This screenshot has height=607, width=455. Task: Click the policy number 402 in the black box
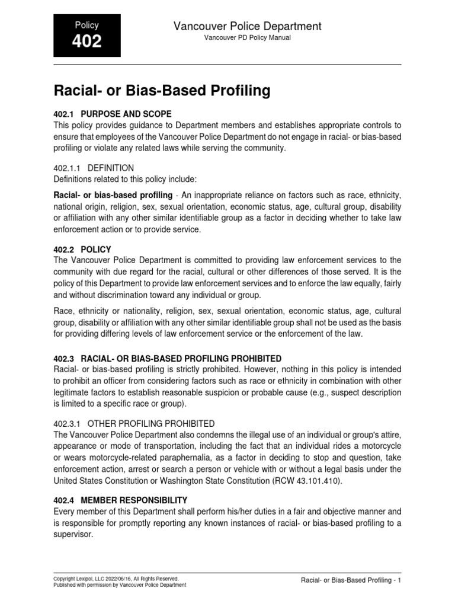87,41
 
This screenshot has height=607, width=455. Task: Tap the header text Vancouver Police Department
247,26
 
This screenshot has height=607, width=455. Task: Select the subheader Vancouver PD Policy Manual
247,37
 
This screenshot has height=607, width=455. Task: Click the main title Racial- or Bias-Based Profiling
162,91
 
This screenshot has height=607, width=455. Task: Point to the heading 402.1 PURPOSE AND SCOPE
112,114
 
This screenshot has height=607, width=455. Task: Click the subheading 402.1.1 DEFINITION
94,168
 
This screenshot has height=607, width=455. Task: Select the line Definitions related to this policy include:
127,179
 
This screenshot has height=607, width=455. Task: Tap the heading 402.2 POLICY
82,250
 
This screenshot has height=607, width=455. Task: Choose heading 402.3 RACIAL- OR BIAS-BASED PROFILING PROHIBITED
168,359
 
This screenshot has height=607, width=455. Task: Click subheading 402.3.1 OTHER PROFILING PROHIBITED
134,424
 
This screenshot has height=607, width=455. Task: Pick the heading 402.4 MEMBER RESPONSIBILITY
121,500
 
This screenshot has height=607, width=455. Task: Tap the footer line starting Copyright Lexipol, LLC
116,578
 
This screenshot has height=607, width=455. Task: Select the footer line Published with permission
120,584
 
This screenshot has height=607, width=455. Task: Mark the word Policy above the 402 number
87,25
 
